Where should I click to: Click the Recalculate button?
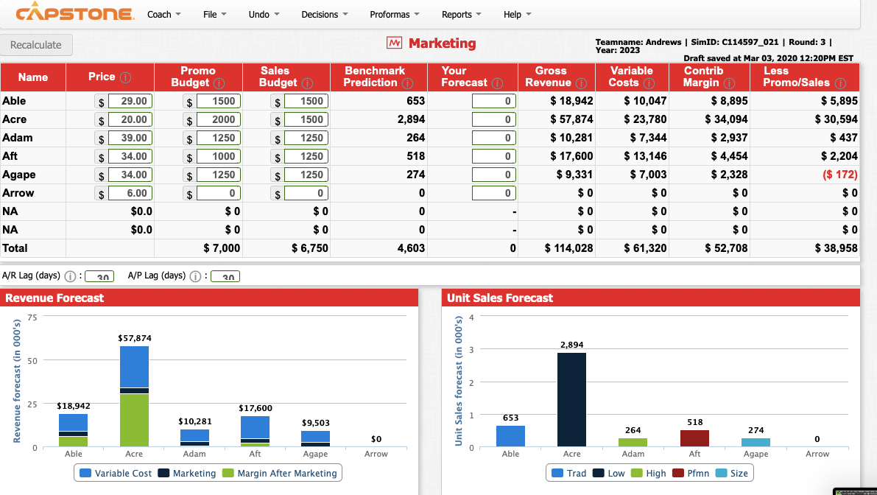pyautogui.click(x=36, y=45)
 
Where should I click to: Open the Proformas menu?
pyautogui.click(x=394, y=15)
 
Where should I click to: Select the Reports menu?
pyautogui.click(x=461, y=15)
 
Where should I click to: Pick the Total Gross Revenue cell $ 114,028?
pyautogui.click(x=568, y=248)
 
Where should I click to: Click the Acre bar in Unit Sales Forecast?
pyautogui.click(x=571, y=399)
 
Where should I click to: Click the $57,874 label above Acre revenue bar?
pyautogui.click(x=134, y=337)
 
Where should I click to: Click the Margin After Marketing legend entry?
pyautogui.click(x=280, y=473)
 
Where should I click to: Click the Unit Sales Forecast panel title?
pyautogui.click(x=500, y=298)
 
